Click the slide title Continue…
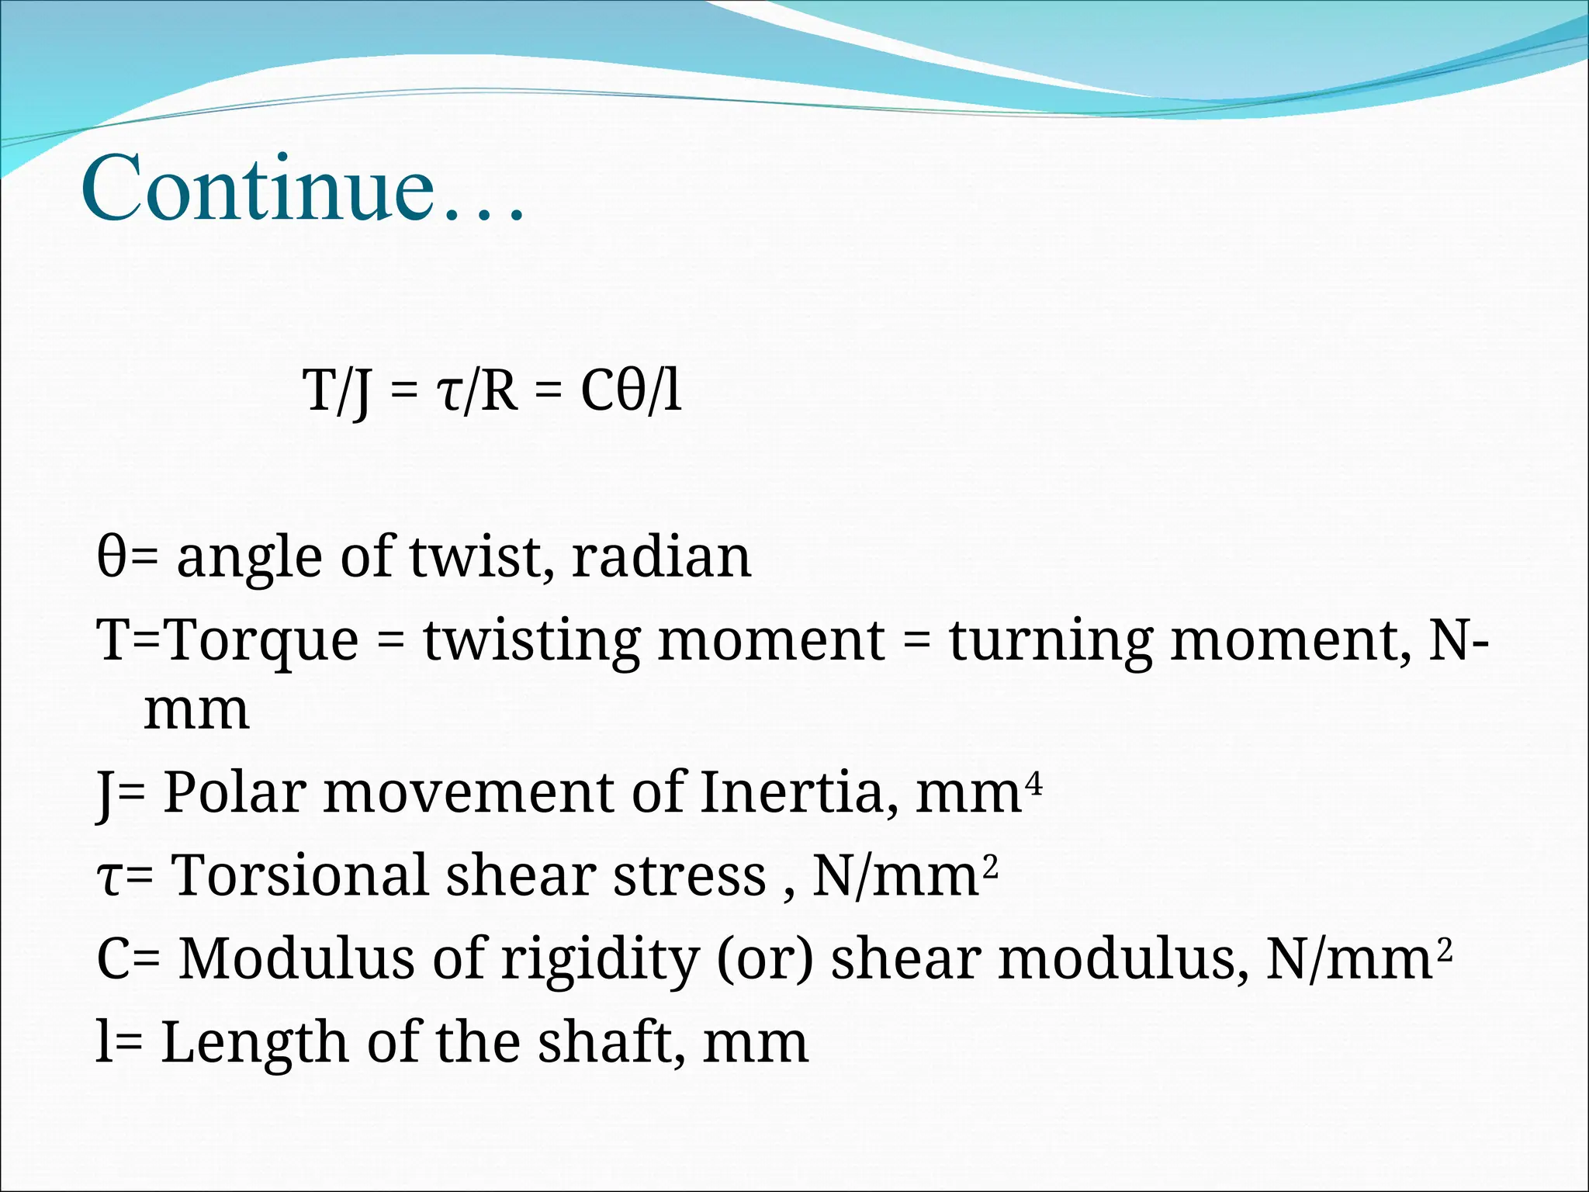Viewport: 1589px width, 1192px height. [x=303, y=189]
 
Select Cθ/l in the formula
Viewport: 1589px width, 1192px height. [x=631, y=390]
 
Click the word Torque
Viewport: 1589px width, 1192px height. [x=263, y=642]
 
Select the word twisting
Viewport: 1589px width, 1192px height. [x=531, y=642]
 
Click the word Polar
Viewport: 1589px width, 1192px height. [x=234, y=792]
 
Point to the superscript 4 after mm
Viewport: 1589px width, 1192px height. [x=1034, y=780]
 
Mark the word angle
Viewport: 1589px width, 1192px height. [x=249, y=559]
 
